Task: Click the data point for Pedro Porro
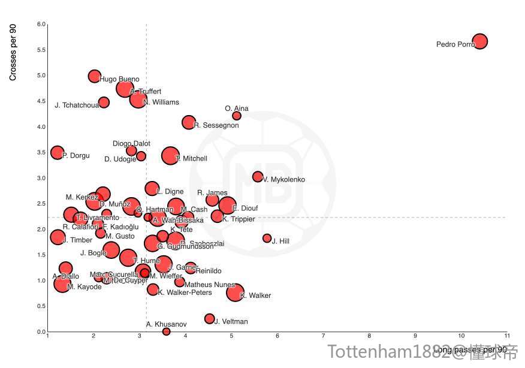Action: click(479, 41)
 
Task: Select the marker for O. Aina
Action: click(237, 116)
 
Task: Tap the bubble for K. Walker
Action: click(235, 292)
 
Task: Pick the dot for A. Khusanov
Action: click(166, 331)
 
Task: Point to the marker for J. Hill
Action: click(267, 238)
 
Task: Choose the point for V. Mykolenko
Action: click(258, 177)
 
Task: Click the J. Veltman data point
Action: click(209, 319)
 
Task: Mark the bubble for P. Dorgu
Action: click(57, 153)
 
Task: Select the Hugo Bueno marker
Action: click(94, 76)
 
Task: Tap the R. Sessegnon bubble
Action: click(189, 123)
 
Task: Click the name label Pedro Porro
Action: click(455, 44)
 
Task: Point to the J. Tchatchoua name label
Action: click(77, 105)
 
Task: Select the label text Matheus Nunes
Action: click(210, 285)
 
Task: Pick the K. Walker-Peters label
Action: click(185, 292)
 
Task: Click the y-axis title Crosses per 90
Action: click(13, 53)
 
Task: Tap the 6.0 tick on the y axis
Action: click(41, 25)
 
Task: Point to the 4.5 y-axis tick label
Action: click(41, 101)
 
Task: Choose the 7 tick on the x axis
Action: click(323, 336)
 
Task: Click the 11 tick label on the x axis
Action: click(507, 336)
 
